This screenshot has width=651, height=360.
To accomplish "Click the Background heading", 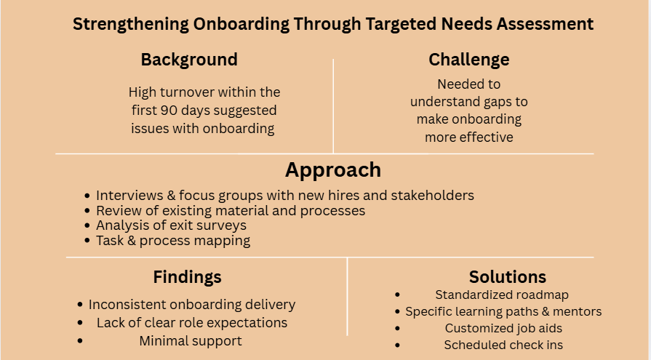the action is click(189, 60).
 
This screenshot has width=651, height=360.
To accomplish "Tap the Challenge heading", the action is click(468, 60).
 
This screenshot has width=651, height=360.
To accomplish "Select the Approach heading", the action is click(332, 170).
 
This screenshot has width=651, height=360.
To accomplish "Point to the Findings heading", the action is click(187, 277).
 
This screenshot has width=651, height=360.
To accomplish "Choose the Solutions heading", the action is click(507, 277).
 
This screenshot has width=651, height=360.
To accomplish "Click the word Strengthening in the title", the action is click(129, 24).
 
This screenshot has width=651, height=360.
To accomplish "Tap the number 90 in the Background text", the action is click(167, 111).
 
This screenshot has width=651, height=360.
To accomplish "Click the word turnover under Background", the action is click(191, 92).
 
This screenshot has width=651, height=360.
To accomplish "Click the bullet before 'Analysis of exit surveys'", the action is click(88, 226).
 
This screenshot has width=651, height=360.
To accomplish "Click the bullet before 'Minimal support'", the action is click(80, 341).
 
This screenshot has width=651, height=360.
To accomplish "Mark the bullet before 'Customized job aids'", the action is click(397, 329).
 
